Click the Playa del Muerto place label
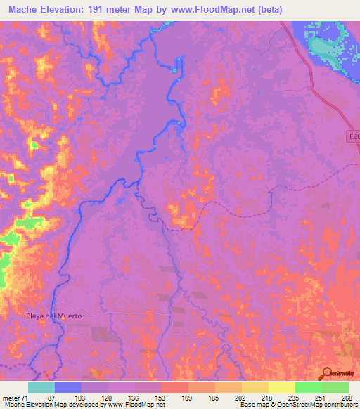(55, 316)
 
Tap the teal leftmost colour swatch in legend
(41, 387)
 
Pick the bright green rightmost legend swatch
(335, 387)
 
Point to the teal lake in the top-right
(325, 48)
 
